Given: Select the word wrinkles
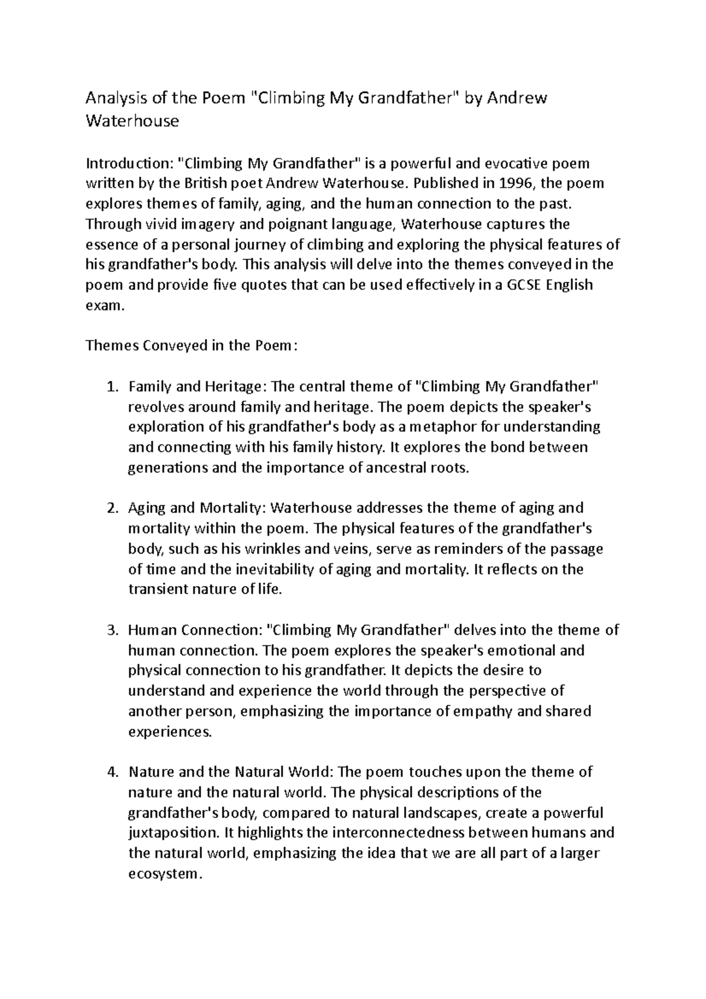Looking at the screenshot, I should point(269,550).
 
